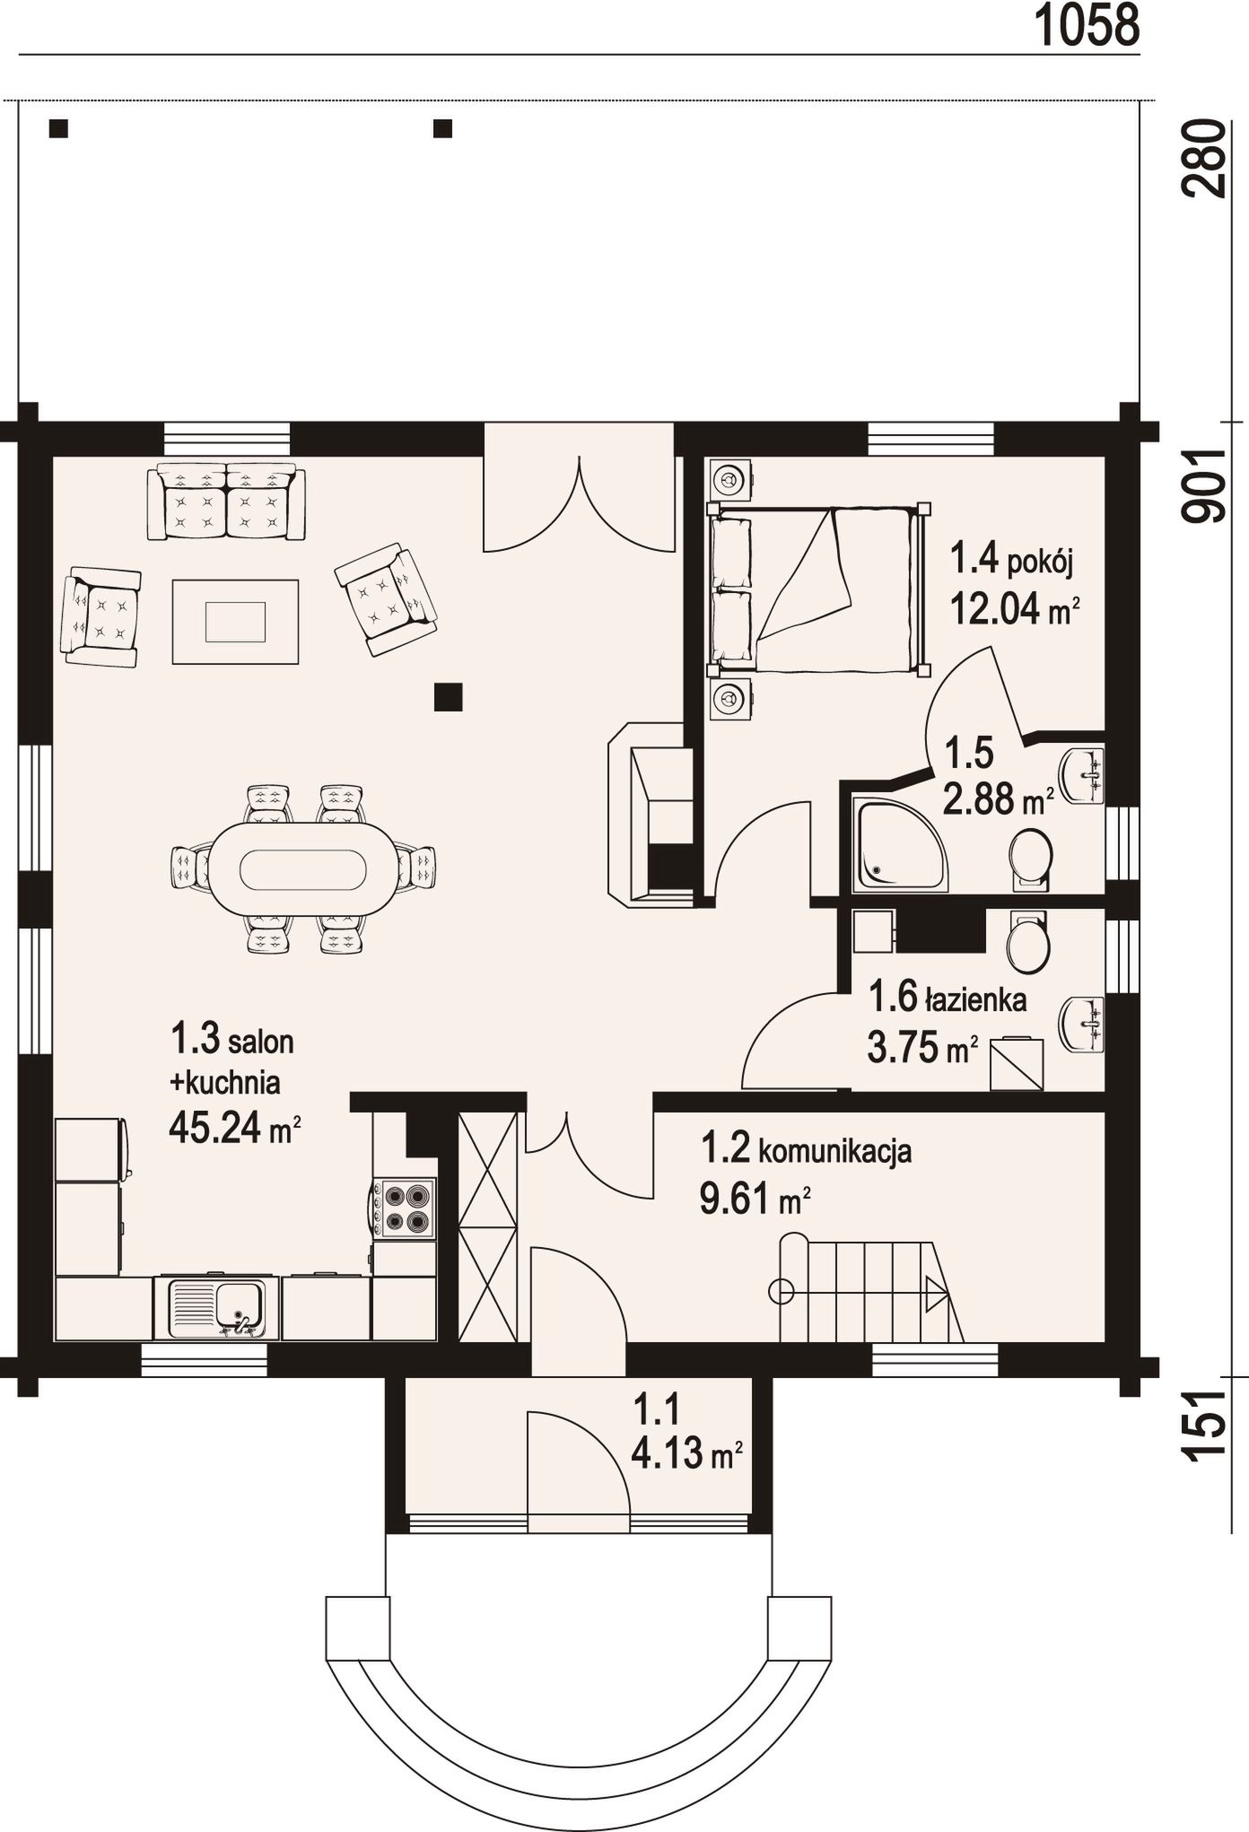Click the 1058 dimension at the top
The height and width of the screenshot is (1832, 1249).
point(1087,25)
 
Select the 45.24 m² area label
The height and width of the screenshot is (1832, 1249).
point(234,1127)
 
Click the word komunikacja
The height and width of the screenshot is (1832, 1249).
point(835,1150)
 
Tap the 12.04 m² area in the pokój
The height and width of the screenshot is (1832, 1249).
point(1014,610)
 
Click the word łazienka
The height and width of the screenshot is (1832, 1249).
point(976,999)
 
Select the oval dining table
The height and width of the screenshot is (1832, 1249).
point(303,868)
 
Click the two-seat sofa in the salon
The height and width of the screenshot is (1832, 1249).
point(226,502)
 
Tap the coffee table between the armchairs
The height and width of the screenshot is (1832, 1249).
point(235,622)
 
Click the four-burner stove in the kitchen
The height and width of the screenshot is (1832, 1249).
point(404,1208)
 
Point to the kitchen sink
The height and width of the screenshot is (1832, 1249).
point(216,1307)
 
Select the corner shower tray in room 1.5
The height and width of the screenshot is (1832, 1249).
point(899,843)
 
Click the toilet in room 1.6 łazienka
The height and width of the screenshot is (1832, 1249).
point(1027,942)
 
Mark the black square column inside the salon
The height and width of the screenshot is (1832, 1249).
point(448,697)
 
